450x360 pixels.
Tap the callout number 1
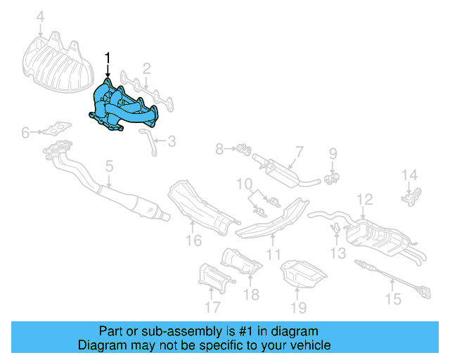coord(108,56)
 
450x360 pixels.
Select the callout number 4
coord(40,16)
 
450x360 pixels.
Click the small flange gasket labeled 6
coord(54,130)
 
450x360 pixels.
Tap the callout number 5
coord(109,167)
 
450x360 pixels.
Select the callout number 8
coord(219,148)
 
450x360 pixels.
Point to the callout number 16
coord(193,240)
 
